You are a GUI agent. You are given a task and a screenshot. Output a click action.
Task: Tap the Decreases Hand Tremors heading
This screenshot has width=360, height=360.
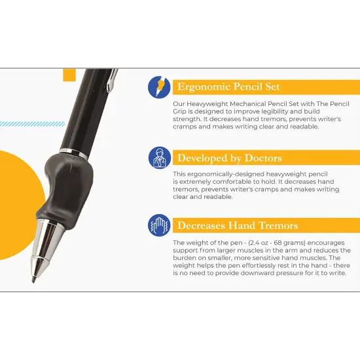(x=238, y=226)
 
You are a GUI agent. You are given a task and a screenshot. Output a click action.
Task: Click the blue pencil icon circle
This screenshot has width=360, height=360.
(x=159, y=87)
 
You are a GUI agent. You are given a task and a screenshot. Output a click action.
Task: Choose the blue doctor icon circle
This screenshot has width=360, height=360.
(x=159, y=157)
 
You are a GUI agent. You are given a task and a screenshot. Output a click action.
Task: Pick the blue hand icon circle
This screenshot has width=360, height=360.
(x=159, y=226)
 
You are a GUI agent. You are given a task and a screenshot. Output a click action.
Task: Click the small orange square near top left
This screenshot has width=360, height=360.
(x=69, y=75)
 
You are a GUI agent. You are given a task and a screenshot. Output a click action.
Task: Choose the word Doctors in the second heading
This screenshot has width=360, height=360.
(x=259, y=157)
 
